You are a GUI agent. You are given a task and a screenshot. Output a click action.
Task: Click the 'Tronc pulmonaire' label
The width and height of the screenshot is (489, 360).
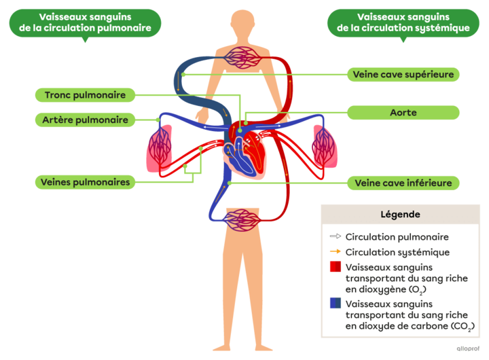(85, 95)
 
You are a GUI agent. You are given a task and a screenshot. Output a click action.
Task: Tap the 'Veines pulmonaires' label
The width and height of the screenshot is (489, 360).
(85, 182)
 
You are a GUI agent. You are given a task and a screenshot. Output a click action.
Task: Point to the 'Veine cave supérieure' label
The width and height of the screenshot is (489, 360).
(403, 74)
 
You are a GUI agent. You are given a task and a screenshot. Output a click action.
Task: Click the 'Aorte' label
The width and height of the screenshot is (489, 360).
(403, 112)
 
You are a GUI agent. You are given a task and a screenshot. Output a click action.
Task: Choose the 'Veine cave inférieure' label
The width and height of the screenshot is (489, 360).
(403, 183)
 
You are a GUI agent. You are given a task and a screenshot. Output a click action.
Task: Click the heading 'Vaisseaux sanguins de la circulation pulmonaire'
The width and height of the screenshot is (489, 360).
(85, 22)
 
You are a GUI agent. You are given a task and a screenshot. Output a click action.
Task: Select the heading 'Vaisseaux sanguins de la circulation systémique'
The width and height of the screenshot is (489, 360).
(403, 22)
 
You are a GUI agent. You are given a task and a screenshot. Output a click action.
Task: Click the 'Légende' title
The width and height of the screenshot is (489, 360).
(400, 215)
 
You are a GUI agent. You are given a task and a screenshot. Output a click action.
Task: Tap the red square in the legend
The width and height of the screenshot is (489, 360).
(335, 268)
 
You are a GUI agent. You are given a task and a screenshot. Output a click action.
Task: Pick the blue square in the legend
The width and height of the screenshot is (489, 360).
(335, 304)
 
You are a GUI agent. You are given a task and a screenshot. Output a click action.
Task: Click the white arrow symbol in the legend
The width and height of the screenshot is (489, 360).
(335, 237)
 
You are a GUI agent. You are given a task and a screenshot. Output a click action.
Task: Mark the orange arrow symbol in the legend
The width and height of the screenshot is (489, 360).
(335, 252)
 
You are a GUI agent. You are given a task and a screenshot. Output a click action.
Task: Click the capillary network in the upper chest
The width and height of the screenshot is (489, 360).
(243, 58)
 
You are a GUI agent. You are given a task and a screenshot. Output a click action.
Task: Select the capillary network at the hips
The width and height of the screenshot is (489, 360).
(242, 219)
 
